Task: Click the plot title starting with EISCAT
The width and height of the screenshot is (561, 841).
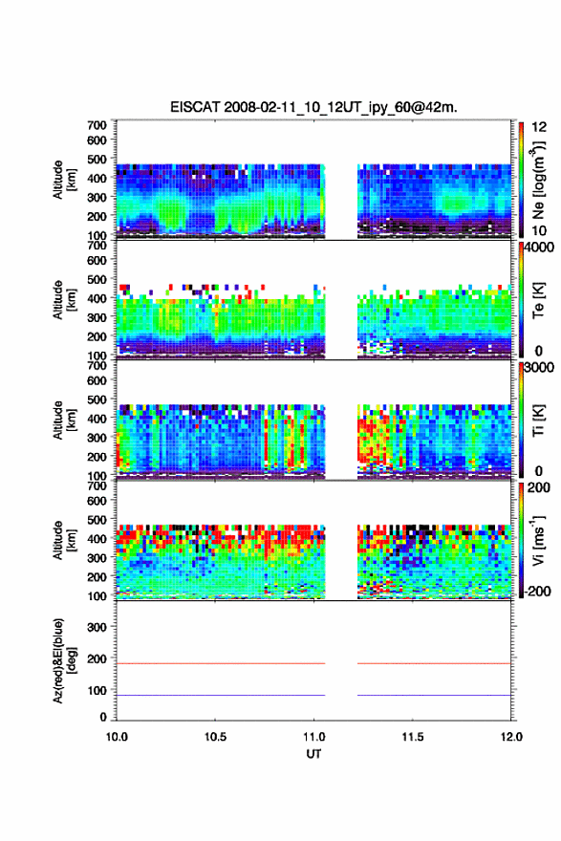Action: coord(313,107)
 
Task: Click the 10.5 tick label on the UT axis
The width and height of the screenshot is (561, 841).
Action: coord(215,737)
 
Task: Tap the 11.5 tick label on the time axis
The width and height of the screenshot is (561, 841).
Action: coord(413,737)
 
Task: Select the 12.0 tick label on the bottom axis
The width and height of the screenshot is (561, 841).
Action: coord(511,737)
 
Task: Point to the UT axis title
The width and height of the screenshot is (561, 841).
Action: coord(313,754)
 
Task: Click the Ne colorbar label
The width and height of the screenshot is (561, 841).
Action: coord(539,180)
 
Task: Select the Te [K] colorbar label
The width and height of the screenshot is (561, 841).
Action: coord(538,300)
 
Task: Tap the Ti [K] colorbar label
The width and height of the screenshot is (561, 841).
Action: coord(538,420)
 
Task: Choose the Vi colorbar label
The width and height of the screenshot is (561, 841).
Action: coord(538,540)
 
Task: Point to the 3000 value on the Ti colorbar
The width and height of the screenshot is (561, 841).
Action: coord(540,367)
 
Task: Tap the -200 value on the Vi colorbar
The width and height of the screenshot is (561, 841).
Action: coord(535,591)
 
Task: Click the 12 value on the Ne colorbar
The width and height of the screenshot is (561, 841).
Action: coord(539,126)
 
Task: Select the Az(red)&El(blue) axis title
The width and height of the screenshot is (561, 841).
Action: coord(63,660)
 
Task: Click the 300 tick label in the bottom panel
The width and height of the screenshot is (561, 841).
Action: coord(97,627)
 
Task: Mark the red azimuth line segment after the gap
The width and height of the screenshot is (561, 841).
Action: coord(434,663)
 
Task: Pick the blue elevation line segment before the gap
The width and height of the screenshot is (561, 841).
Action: coord(221,695)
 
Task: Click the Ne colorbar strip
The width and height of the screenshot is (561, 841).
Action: coord(521,180)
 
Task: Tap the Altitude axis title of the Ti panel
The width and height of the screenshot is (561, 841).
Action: coord(63,420)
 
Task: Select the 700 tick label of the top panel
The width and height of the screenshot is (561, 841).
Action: coord(97,125)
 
